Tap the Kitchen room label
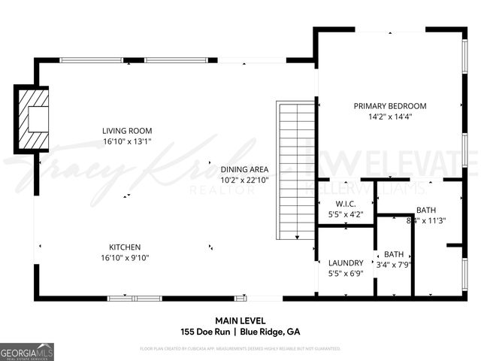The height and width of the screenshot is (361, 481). (124, 247)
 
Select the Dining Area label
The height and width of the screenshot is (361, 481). (244, 169)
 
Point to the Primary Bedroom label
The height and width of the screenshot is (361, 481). (390, 106)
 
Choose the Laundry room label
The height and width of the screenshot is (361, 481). (346, 262)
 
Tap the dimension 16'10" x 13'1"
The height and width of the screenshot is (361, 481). (127, 141)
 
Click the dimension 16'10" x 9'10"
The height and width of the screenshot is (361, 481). (124, 257)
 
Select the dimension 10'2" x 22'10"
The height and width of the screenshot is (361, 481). (244, 180)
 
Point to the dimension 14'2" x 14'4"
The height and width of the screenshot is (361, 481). (390, 117)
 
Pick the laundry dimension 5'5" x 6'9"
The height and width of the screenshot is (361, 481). (346, 273)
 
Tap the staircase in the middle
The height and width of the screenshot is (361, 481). (296, 171)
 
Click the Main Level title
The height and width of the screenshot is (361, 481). (240, 320)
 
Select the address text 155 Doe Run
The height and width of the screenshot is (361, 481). (205, 332)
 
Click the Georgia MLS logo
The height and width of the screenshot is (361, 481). (27, 351)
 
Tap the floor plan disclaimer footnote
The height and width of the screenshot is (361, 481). (240, 349)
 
